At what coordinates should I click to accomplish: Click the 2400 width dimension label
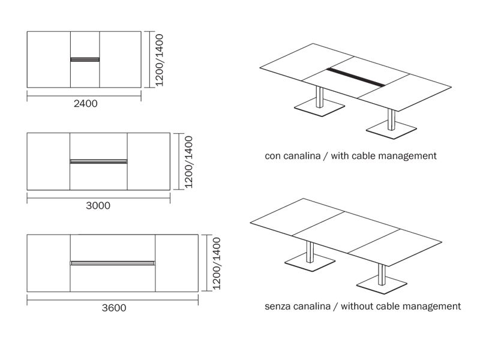click(86, 103)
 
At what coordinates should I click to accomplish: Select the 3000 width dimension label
click(98, 205)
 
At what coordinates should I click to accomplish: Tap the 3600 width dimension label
click(114, 308)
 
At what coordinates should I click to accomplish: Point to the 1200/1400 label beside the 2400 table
click(160, 59)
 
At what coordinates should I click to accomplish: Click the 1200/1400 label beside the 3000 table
click(188, 162)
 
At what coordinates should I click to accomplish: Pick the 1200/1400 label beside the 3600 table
click(217, 263)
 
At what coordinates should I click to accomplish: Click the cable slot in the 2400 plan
click(85, 59)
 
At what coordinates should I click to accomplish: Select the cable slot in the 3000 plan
click(98, 161)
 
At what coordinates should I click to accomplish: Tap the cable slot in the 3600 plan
click(113, 263)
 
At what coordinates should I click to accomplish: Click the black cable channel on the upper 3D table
click(355, 77)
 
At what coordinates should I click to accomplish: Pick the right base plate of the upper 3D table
click(392, 130)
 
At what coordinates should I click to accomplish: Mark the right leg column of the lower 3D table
click(382, 274)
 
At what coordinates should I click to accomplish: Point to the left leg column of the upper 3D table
click(320, 97)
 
